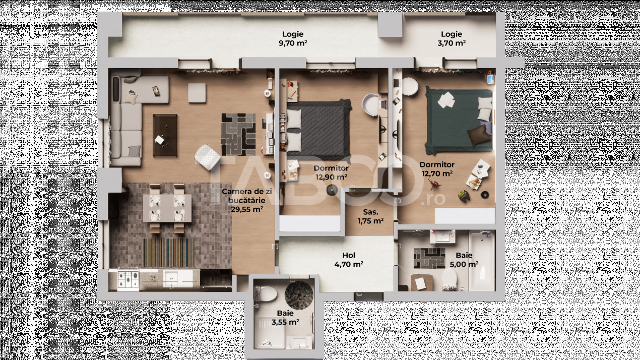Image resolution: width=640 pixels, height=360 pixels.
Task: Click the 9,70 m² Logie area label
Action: [293, 39]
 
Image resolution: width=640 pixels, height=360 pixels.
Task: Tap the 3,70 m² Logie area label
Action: [452, 39]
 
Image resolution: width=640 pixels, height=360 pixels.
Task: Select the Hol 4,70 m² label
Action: [349, 260]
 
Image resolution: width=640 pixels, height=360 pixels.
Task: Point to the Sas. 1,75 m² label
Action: [370, 216]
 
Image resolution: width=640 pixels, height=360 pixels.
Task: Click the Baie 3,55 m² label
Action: [285, 318]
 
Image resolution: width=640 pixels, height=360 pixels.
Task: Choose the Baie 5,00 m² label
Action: [464, 260]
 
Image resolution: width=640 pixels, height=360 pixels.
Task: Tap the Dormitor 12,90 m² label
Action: [331, 172]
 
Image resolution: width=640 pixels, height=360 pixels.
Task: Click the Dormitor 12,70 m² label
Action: [437, 169]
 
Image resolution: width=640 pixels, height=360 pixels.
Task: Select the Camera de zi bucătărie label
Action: [247, 200]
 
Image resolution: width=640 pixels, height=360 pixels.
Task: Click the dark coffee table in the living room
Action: [165, 135]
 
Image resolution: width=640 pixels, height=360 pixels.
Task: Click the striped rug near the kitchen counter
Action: [168, 253]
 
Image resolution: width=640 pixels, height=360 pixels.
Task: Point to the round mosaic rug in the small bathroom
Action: [299, 295]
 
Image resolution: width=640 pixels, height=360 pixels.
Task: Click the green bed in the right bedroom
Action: [459, 121]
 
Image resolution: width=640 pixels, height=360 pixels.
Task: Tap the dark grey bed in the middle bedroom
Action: [319, 129]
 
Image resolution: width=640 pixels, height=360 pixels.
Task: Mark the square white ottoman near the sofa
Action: [197, 93]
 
